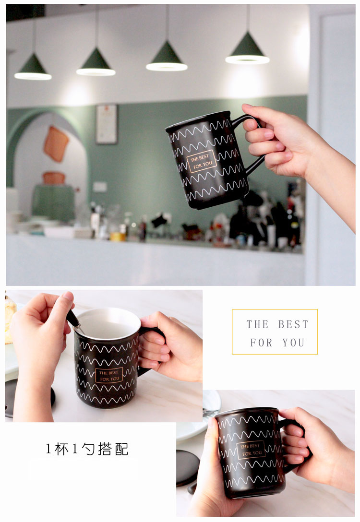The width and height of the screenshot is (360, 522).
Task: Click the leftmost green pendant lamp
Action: coord(33,68)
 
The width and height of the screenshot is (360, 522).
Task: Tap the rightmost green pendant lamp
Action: coord(247,49)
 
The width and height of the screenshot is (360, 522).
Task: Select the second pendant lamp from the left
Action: coord(96,63)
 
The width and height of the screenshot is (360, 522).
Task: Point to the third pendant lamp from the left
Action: coord(167,57)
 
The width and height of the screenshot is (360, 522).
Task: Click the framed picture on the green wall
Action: coord(107,124)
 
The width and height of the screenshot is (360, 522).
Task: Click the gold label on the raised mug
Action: coord(202,161)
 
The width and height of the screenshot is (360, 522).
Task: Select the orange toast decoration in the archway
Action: coord(56,144)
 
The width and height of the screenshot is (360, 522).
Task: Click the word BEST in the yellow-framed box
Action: coord(293,324)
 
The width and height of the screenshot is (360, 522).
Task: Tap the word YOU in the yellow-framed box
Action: coord(293,343)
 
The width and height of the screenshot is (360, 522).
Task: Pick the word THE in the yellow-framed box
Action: coord(257,324)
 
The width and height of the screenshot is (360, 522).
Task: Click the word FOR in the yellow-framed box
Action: coord(261,343)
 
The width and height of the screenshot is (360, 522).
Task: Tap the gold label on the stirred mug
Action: coord(109,376)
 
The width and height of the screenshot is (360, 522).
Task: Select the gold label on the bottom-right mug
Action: coord(251,450)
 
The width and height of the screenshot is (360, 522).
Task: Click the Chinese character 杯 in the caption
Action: coord(61,449)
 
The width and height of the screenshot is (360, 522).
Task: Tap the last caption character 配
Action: coord(121,449)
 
